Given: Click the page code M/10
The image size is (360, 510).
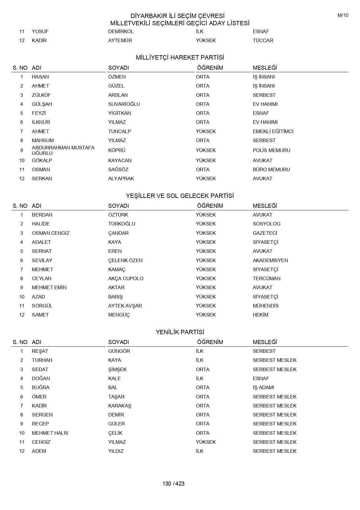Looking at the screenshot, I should [x=343, y=15].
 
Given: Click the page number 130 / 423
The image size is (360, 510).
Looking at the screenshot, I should [x=173, y=484].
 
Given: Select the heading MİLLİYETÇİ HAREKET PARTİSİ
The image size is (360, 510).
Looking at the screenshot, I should [x=180, y=58].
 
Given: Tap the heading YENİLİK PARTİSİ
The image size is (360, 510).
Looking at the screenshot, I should [x=180, y=332].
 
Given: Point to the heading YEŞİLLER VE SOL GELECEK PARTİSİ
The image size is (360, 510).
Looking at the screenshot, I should [x=180, y=196].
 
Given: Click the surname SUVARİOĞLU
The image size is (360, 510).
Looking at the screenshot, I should [x=124, y=104].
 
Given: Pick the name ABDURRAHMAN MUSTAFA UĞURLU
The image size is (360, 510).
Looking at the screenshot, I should [x=63, y=150].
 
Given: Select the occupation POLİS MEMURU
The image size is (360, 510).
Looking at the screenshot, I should [x=271, y=150].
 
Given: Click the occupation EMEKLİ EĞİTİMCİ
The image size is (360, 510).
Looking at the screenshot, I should [x=273, y=131].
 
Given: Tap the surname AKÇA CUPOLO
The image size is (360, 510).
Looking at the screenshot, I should [x=126, y=278].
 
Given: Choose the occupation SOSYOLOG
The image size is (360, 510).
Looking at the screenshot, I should [x=267, y=224].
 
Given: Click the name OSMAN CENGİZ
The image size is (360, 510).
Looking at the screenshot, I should [x=51, y=233].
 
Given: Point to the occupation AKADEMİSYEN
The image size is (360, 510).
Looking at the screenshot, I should [x=270, y=260].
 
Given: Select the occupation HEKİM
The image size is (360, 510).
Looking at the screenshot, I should [x=260, y=315].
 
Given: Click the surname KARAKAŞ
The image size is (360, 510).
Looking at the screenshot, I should [x=120, y=406].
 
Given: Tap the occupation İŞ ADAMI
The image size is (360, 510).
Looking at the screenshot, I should [x=263, y=387].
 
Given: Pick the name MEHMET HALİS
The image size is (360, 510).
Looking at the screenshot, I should [x=50, y=433].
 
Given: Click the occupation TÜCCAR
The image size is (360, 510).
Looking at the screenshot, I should [x=263, y=40].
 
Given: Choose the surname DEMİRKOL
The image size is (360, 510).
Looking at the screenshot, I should [x=121, y=31].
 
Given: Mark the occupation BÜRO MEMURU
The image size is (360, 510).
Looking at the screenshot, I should [x=271, y=169].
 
